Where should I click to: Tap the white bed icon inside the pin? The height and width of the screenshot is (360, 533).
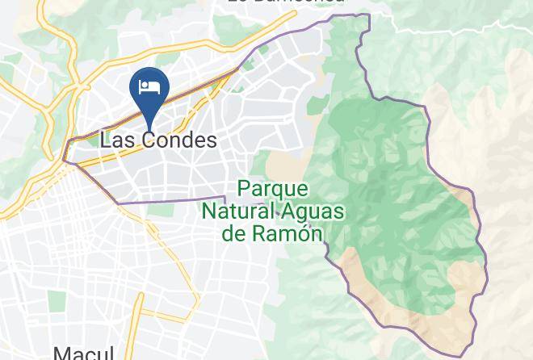[x=149, y=87]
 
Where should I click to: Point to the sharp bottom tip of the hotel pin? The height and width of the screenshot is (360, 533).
[x=149, y=127]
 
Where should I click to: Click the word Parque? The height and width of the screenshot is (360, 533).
[x=273, y=190]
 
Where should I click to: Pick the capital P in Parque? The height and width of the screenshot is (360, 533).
[x=245, y=190]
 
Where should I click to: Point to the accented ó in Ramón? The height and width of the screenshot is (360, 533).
[x=299, y=233]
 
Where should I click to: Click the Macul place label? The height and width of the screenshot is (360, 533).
[x=81, y=353]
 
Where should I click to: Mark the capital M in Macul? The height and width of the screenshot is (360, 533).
[x=61, y=353]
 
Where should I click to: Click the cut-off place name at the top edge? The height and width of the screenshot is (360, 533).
[x=287, y=2]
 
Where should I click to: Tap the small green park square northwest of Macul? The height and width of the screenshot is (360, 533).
[x=56, y=301]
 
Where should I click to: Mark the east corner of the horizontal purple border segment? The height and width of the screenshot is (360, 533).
[x=225, y=196]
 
